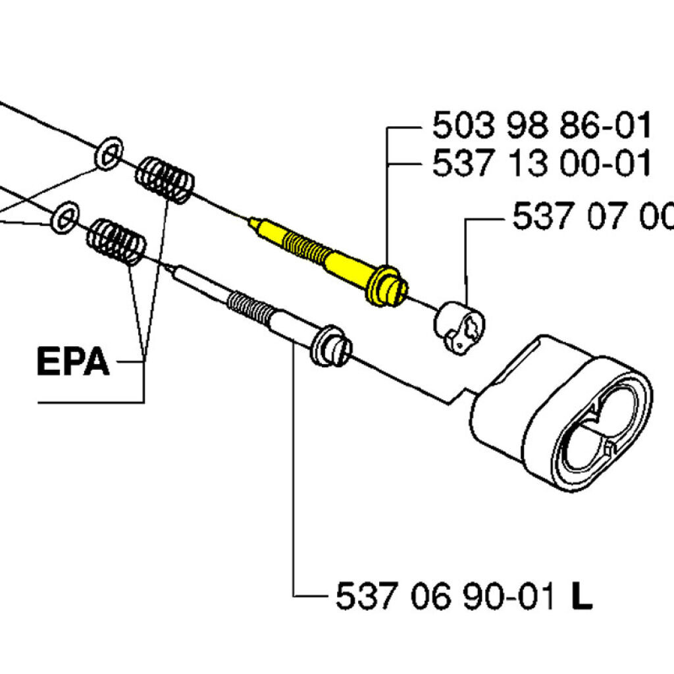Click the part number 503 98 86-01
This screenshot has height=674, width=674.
(x=541, y=126)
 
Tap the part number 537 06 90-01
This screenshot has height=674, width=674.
(x=445, y=598)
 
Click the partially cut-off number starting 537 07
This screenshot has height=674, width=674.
(x=592, y=216)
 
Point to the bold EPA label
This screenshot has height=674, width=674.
(x=72, y=361)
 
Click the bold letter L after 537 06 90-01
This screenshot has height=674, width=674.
(x=581, y=598)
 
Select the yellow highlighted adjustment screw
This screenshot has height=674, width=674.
(x=323, y=257)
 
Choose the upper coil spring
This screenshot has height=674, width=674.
(x=165, y=178)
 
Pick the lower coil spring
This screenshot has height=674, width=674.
(x=117, y=242)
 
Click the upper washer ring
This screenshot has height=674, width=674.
(x=109, y=153)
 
